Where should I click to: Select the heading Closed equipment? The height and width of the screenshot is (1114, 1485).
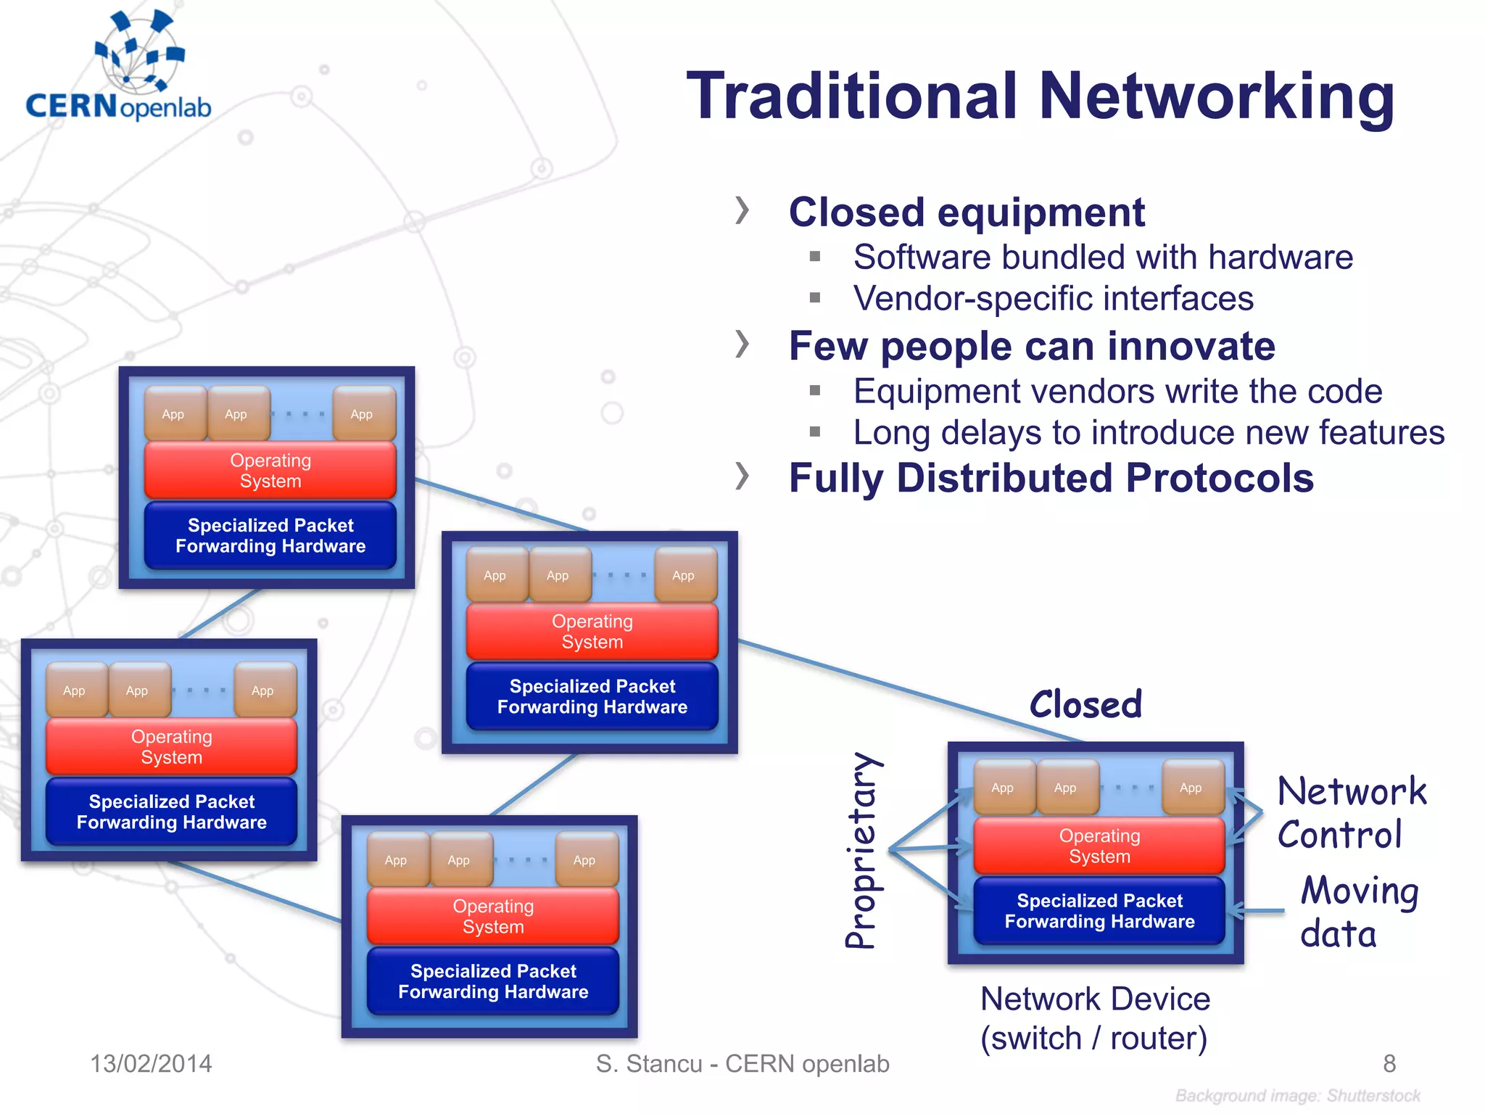966,213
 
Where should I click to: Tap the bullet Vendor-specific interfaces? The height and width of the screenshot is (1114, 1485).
1053,299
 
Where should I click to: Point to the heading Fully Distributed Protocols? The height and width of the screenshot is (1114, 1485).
1051,479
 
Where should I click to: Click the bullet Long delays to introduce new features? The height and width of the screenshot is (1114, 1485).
1149,433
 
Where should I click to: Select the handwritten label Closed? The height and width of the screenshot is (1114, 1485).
1085,705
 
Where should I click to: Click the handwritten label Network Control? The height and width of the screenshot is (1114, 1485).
1350,812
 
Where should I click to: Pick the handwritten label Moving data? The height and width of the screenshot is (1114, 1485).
1357,912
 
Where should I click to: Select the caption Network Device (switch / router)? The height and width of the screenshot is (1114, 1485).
1095,1018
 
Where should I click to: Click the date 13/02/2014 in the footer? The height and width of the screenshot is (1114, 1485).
151,1064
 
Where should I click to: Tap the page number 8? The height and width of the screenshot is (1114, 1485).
1389,1064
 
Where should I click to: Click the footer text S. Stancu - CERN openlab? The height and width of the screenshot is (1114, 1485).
742,1064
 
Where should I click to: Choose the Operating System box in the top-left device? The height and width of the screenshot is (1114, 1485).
270,471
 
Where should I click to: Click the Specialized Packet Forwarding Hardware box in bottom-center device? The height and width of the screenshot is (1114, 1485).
493,981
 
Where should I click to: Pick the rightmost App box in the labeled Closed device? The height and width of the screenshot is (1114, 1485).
1191,788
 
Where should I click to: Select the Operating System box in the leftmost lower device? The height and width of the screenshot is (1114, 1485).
172,747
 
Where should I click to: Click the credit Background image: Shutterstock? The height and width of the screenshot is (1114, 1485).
1297,1096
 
